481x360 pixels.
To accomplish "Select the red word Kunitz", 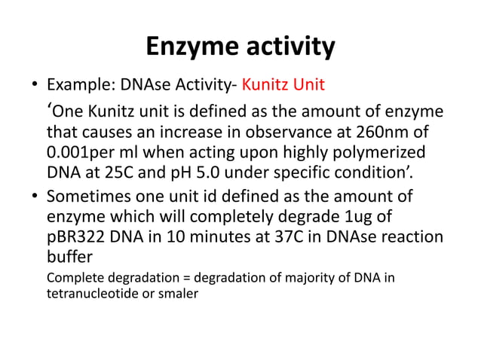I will (265, 83).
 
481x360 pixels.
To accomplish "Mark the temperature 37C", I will (274, 236).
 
